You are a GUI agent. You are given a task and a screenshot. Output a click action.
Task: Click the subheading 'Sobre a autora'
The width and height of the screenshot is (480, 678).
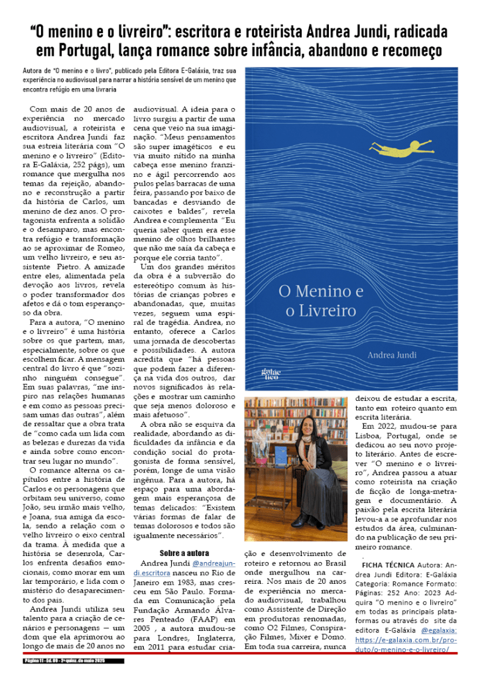184,553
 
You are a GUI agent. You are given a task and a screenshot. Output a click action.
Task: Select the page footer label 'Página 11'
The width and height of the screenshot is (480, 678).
34,661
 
